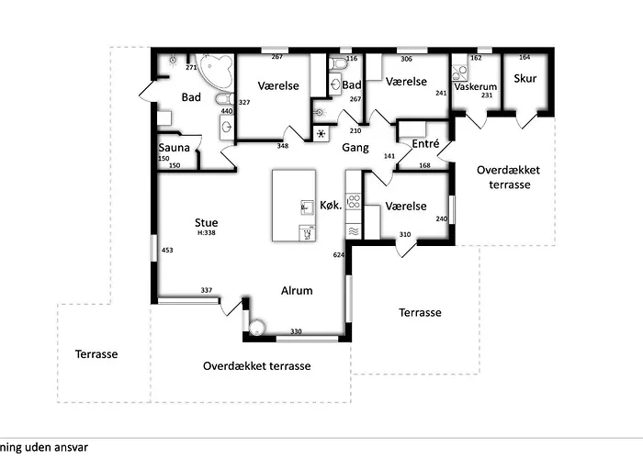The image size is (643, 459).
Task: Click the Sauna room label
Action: (x=174, y=147)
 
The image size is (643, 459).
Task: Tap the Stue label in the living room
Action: (x=206, y=221)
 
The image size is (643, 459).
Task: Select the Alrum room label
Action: (x=296, y=291)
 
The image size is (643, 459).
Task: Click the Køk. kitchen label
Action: (x=331, y=205)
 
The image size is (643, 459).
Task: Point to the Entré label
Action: (x=425, y=143)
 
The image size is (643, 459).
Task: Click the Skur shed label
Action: (x=525, y=79)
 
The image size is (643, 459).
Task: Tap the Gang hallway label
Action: (x=355, y=147)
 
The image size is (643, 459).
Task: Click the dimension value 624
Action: (x=338, y=254)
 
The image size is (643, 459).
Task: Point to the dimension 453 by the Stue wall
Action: (x=167, y=250)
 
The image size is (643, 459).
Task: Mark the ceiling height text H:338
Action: (x=206, y=233)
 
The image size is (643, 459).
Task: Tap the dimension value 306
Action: (x=405, y=58)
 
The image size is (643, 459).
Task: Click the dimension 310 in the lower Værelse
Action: (x=404, y=235)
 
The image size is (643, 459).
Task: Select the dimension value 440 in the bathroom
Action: (x=226, y=111)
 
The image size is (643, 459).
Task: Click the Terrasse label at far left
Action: (x=96, y=353)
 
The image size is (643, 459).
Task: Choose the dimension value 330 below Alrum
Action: (x=296, y=330)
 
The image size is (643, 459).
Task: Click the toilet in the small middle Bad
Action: (x=340, y=64)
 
